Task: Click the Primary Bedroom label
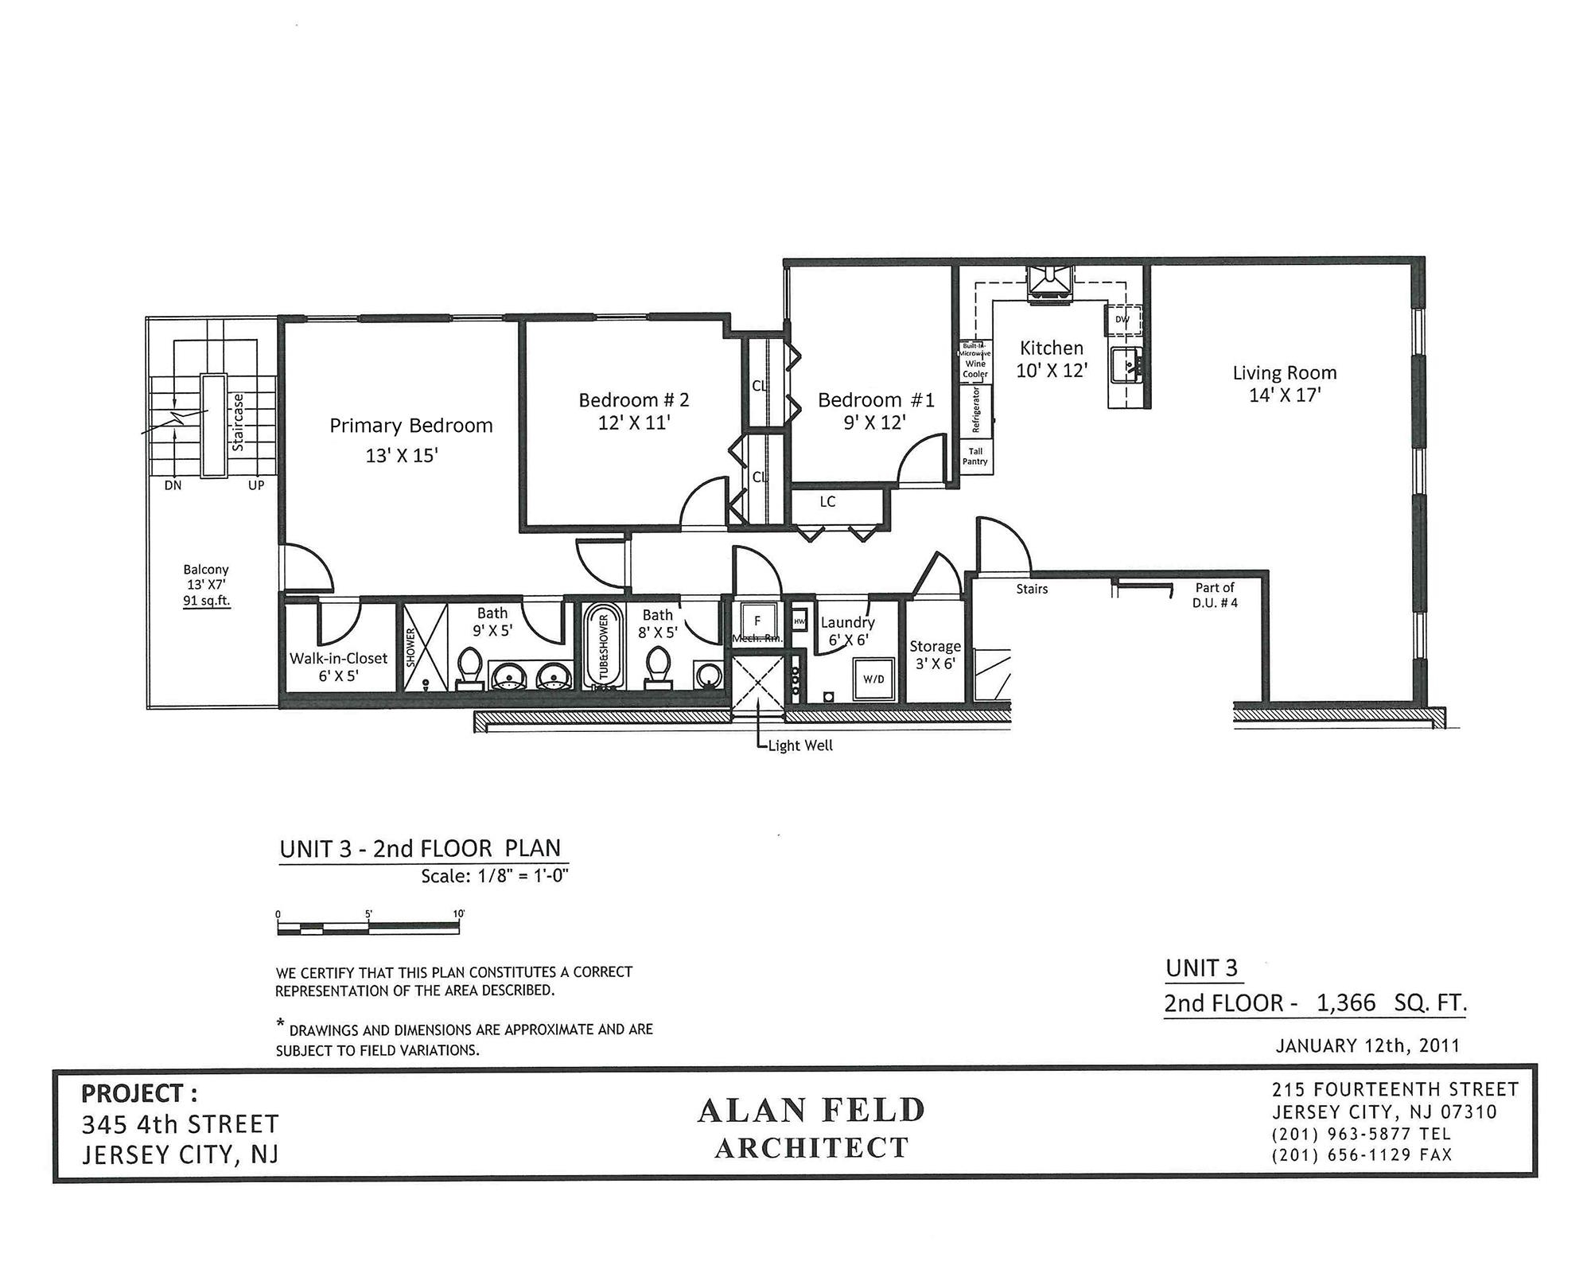[410, 426]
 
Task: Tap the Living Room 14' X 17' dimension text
[1284, 395]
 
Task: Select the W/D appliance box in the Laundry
[873, 679]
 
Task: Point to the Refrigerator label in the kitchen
[976, 410]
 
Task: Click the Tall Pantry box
[975, 457]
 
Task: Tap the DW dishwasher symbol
[1122, 320]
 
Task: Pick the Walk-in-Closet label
[338, 659]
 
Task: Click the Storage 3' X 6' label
[935, 654]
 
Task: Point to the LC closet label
[827, 502]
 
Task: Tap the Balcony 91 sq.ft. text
[206, 601]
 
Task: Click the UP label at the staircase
[255, 485]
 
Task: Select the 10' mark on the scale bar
[458, 914]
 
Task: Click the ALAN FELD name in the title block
[811, 1111]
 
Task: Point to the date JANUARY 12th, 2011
[1367, 1045]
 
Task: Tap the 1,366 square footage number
[1346, 1003]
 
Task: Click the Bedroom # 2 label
[633, 400]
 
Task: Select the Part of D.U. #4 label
[1215, 595]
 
